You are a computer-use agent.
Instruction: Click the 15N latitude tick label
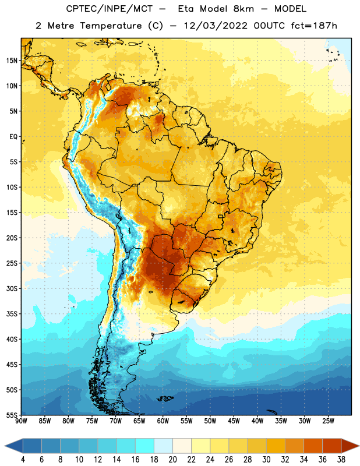[x=12, y=61]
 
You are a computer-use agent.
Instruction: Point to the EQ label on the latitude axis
[x=13, y=137]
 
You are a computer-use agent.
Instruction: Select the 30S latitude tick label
[x=12, y=288]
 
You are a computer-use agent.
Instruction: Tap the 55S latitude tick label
[x=12, y=415]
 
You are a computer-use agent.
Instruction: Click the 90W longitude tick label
[x=21, y=421]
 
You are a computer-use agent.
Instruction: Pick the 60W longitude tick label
[x=163, y=421]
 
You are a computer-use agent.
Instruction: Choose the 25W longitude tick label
[x=328, y=421]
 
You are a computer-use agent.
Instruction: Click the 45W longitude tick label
[x=234, y=421]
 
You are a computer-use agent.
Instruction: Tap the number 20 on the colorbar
[x=172, y=460]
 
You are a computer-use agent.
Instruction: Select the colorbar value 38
[x=341, y=460]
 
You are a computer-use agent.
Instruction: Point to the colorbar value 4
[x=23, y=460]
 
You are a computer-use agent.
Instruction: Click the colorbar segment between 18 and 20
[x=164, y=446]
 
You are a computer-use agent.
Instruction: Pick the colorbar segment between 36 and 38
[x=332, y=446]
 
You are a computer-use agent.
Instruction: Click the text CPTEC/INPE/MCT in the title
[x=110, y=9]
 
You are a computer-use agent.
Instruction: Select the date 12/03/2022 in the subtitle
[x=216, y=26]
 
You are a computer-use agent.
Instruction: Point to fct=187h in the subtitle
[x=314, y=26]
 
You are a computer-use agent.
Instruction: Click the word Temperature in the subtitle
[x=111, y=26]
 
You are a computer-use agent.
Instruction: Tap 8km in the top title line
[x=243, y=9]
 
